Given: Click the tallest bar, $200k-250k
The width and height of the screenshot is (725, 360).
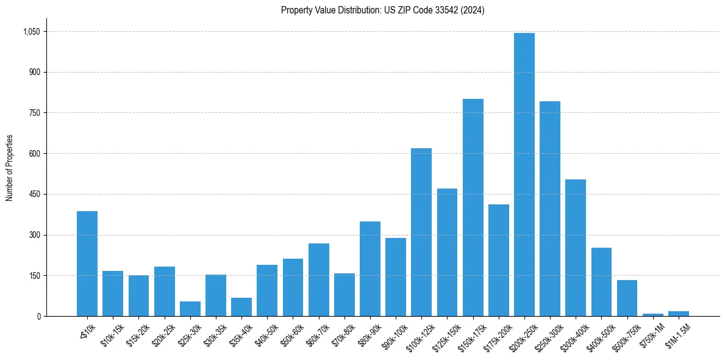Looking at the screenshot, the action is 524,175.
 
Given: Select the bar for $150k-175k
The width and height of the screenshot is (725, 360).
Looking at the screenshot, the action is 473,207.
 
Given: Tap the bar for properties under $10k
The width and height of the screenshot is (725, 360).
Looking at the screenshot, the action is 87,264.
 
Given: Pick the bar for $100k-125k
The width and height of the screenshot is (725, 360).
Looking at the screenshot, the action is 421,232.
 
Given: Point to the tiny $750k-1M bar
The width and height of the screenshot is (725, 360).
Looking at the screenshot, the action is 653,315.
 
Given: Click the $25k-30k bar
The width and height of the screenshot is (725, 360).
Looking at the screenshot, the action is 190,309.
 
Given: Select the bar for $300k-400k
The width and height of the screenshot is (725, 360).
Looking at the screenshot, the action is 576,248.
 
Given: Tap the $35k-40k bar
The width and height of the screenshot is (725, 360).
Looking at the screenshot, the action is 241,307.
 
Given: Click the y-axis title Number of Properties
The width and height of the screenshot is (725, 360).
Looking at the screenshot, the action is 9,167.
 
